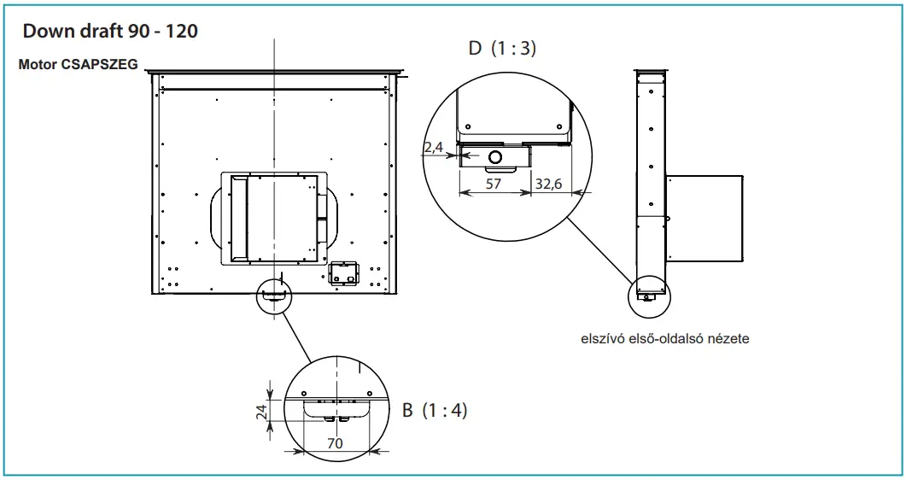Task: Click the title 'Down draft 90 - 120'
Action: (x=112, y=31)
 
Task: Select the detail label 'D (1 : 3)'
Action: (x=502, y=49)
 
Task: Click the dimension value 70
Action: (x=336, y=444)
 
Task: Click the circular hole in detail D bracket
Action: (x=494, y=155)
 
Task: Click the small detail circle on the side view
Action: (x=649, y=295)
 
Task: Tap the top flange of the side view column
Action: (x=650, y=71)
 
